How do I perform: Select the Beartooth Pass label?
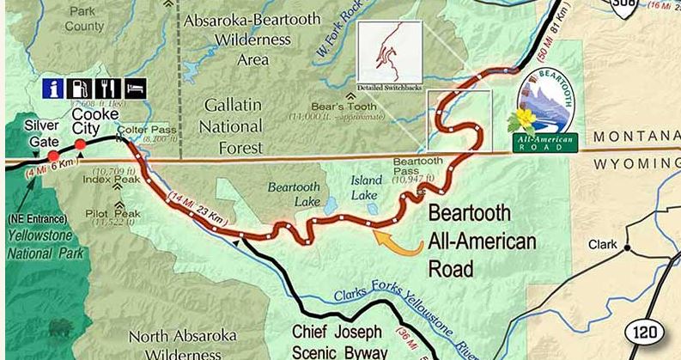418,168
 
